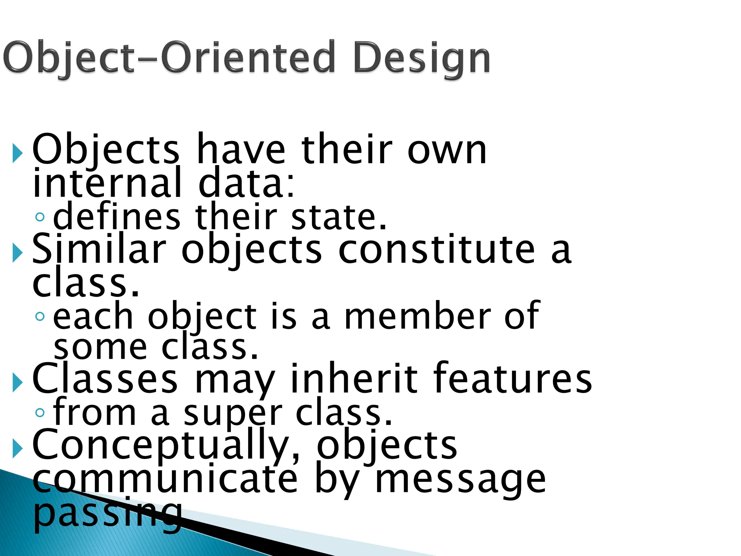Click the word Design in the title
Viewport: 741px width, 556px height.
tap(422, 58)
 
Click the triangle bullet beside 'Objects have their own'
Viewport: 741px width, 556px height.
tap(17, 152)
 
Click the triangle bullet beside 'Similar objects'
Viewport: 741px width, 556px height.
tap(17, 252)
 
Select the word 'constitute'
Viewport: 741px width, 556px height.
tap(436, 249)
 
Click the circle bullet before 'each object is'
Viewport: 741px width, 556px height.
tap(40, 317)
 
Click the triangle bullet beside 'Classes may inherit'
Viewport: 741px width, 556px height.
tap(17, 382)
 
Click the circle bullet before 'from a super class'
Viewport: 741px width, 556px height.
tap(40, 412)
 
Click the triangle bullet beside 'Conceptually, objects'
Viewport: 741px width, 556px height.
tap(17, 448)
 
